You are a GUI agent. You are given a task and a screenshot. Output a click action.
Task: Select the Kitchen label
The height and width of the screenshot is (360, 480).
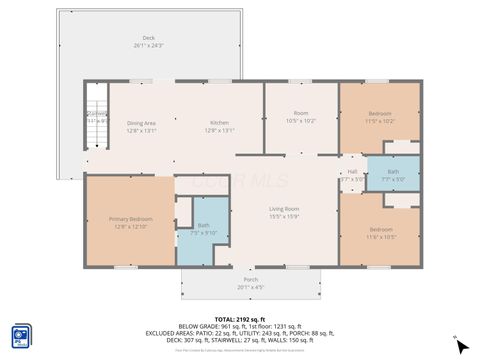[x=219, y=123]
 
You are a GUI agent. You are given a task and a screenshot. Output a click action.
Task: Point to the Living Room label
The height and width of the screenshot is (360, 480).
[x=284, y=208]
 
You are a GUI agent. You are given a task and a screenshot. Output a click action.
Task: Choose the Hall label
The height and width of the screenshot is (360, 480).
[x=352, y=172]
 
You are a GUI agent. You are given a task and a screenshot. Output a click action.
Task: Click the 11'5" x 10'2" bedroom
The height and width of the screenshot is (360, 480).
[x=380, y=116]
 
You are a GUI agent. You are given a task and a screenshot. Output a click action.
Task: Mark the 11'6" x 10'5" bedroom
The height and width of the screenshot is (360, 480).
[x=381, y=232]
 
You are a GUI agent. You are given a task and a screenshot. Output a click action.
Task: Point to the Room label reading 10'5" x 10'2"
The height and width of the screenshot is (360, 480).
[x=301, y=116]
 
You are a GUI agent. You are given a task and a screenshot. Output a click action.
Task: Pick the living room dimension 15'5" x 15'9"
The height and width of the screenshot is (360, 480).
[x=284, y=216]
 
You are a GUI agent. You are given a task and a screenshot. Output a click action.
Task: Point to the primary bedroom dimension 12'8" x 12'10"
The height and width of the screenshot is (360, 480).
[x=131, y=227]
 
